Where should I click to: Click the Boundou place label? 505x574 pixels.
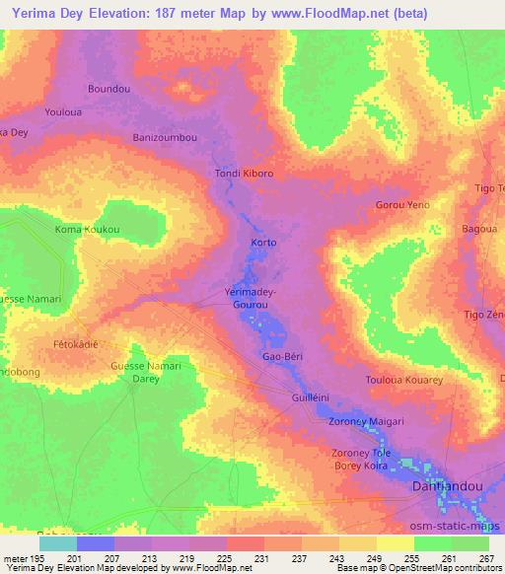109,89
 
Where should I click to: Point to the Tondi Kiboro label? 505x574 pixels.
244,174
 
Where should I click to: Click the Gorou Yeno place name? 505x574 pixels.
402,205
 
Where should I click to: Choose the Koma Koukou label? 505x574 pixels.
87,230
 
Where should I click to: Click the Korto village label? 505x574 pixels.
263,243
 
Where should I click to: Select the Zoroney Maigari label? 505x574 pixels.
364,421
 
